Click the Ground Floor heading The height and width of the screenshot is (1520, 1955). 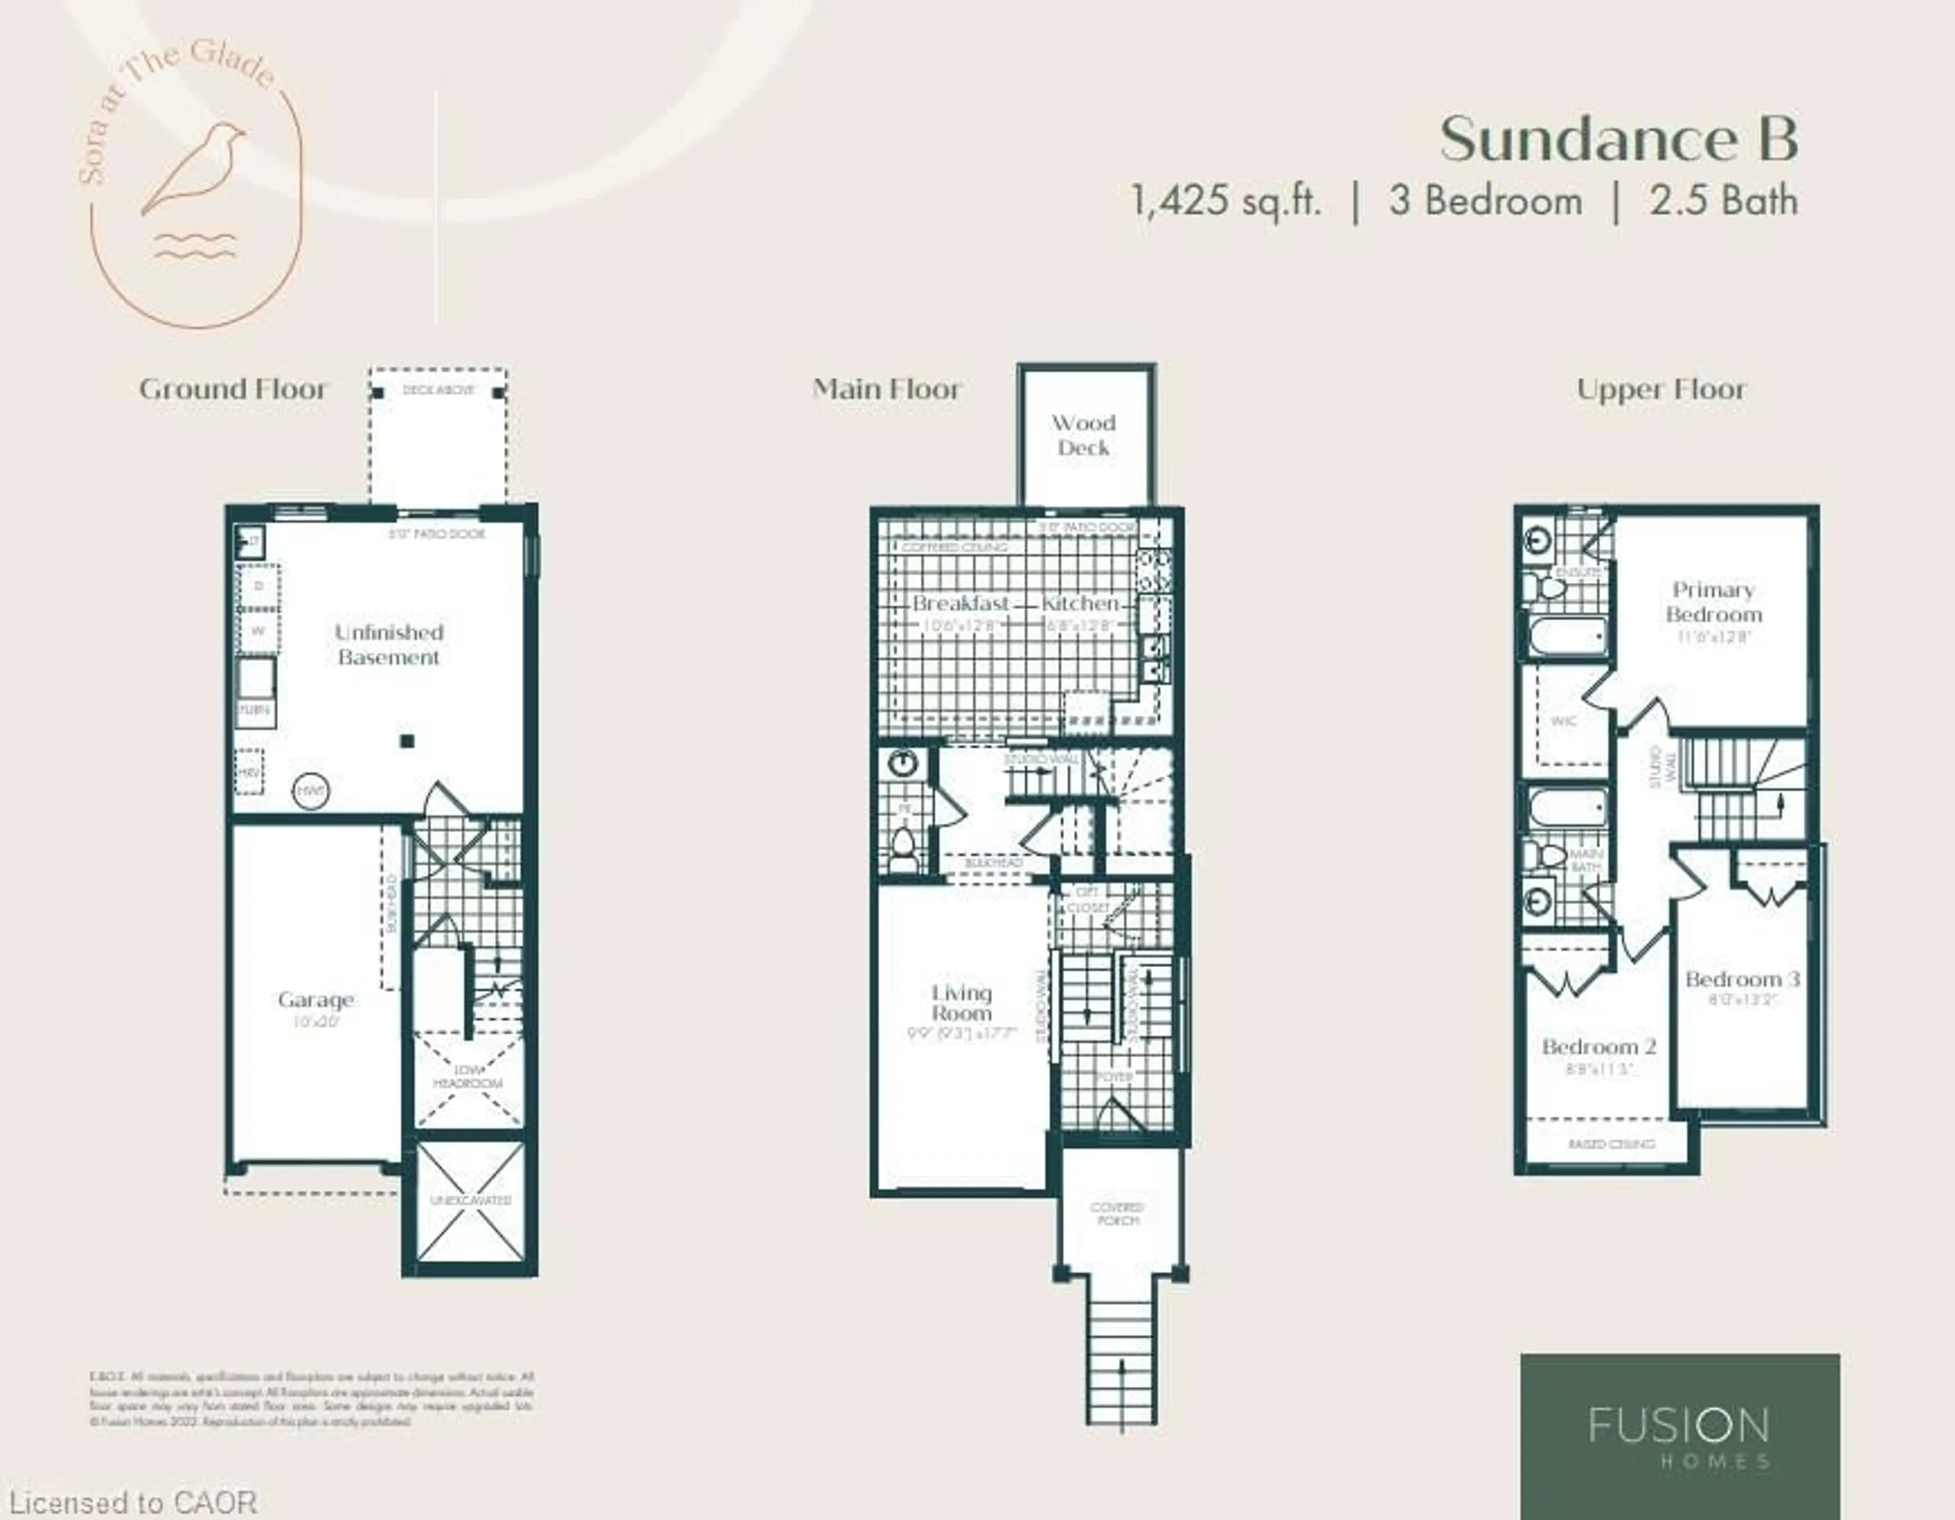(x=234, y=389)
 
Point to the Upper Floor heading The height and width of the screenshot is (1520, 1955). (x=1661, y=389)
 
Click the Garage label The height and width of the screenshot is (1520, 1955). (x=315, y=1000)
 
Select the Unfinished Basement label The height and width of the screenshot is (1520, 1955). (x=388, y=644)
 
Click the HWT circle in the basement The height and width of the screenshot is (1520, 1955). (x=311, y=791)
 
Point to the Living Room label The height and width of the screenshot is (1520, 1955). (x=961, y=1003)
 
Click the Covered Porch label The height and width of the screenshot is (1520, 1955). (x=1117, y=1214)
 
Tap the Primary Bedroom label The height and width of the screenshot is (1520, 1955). (x=1713, y=602)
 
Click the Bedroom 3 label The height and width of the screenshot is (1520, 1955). (x=1741, y=978)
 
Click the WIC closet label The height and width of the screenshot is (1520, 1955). (x=1563, y=721)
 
